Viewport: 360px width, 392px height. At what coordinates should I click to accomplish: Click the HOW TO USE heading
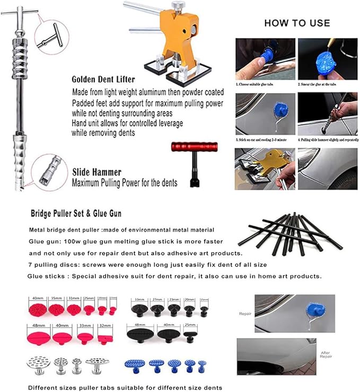297,23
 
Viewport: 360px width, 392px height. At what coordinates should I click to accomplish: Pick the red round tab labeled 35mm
56,309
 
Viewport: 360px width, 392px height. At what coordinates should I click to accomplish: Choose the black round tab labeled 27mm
157,309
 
